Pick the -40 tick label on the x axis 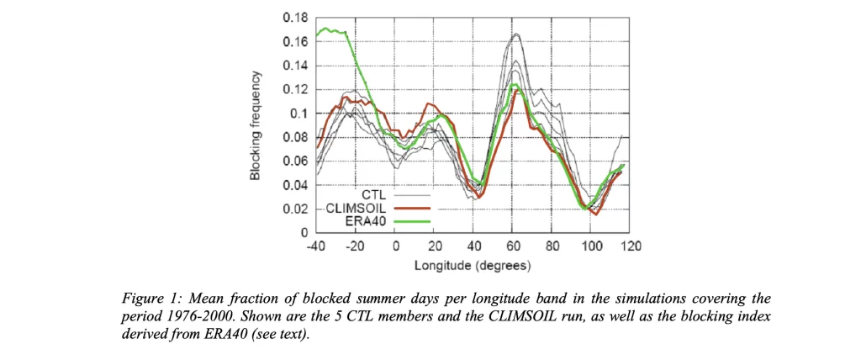pyautogui.click(x=316, y=247)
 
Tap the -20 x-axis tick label pyautogui.click(x=356, y=247)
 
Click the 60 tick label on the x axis pyautogui.click(x=514, y=247)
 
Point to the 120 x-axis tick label pyautogui.click(x=631, y=247)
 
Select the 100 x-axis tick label pyautogui.click(x=592, y=247)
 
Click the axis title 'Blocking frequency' pyautogui.click(x=254, y=124)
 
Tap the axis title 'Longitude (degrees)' pyautogui.click(x=472, y=266)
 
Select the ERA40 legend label pyautogui.click(x=367, y=221)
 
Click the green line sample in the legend pyautogui.click(x=412, y=221)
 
